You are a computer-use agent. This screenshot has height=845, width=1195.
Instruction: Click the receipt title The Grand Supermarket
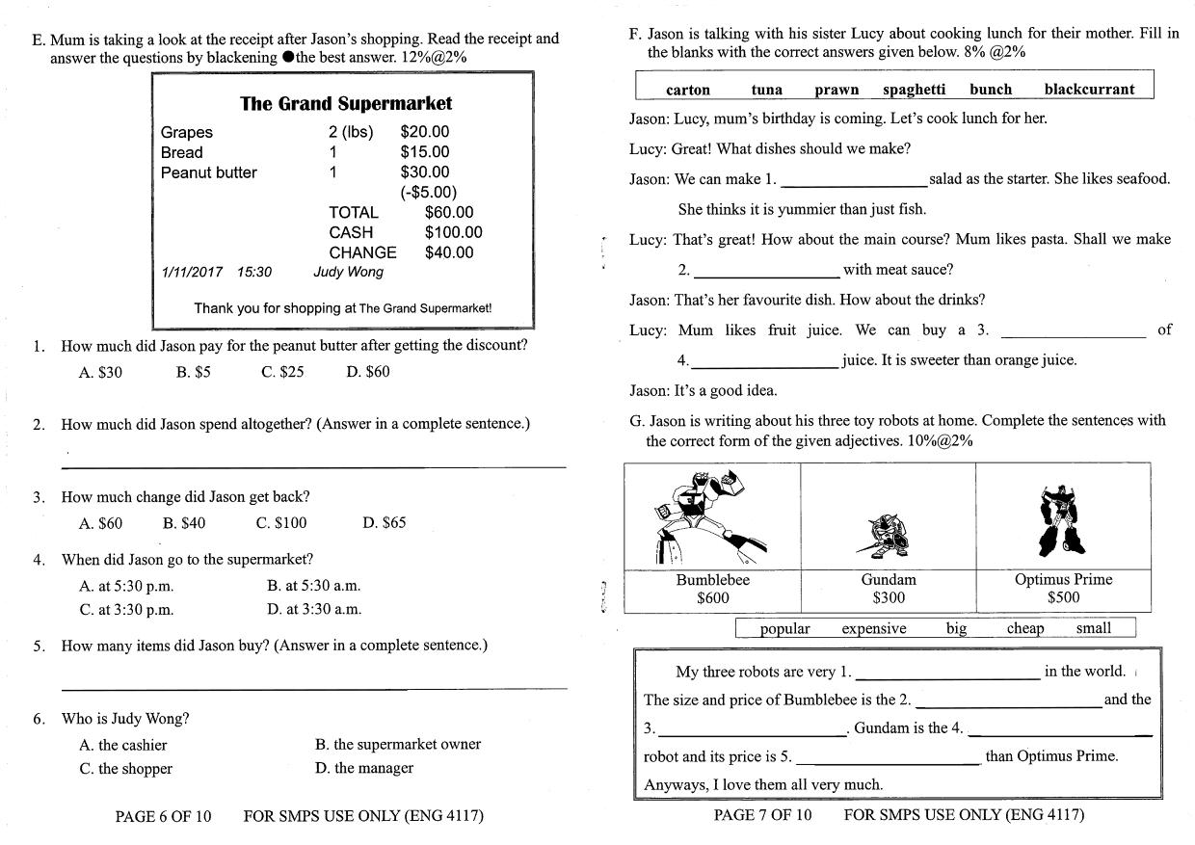point(345,103)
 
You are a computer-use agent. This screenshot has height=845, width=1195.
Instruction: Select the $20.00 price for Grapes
point(424,132)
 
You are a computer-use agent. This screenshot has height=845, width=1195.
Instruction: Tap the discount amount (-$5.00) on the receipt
point(429,192)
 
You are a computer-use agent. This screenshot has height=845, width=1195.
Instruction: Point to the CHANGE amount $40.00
point(449,252)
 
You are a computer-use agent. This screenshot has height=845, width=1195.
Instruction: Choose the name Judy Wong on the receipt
point(348,273)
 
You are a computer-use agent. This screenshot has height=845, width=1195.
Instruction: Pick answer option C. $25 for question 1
point(282,372)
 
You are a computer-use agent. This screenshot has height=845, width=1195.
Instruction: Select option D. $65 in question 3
point(385,523)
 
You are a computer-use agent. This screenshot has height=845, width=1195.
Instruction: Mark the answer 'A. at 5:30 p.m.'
point(126,586)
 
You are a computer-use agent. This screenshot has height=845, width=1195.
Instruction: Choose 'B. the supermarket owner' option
point(397,745)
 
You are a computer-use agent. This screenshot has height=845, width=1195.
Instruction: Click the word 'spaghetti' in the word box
point(914,90)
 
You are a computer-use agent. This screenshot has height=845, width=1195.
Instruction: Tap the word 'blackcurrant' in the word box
point(1089,90)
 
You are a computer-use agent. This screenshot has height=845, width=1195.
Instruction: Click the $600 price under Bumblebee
point(713,597)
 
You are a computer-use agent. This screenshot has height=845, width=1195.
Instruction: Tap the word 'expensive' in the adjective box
point(873,629)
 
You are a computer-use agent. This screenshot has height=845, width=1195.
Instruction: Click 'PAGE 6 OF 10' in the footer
point(163,817)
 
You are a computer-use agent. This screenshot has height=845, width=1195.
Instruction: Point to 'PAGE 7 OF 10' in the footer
point(762,815)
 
